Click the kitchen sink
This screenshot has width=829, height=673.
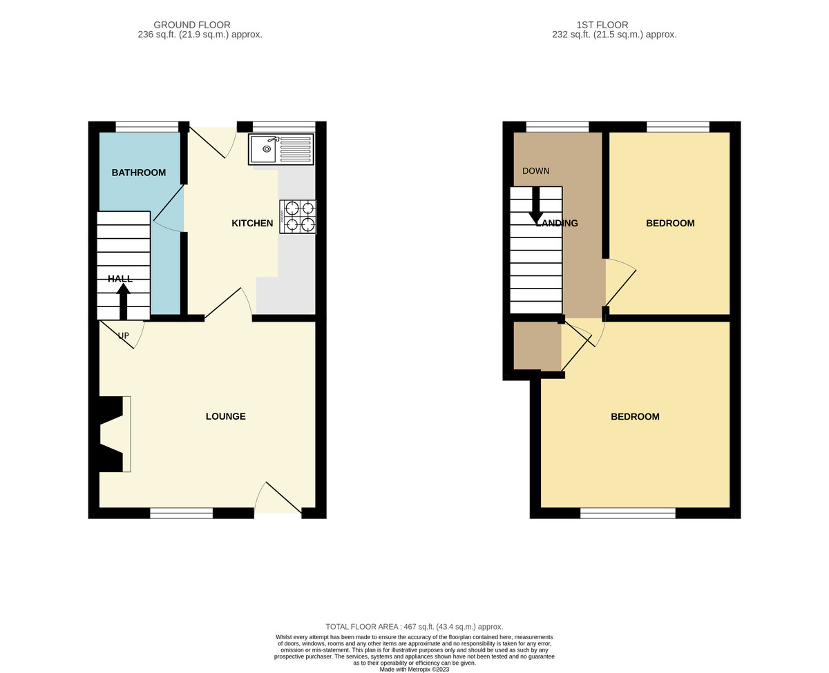click(280, 149)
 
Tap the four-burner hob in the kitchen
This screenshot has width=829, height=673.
click(298, 217)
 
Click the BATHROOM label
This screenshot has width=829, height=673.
click(139, 173)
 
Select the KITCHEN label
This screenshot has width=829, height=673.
click(252, 223)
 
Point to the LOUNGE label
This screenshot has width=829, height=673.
click(226, 416)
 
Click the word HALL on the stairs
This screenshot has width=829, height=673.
click(120, 279)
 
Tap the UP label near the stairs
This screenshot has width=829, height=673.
click(124, 335)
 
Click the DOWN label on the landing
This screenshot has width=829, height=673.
click(536, 171)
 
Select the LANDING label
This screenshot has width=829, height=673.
click(557, 223)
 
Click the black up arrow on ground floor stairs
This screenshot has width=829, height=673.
click(124, 302)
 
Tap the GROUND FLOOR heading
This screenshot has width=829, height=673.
click(192, 25)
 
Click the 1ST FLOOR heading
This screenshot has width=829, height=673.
click(602, 25)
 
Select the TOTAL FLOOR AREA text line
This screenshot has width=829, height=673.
click(414, 627)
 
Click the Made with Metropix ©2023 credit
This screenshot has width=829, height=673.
click(414, 670)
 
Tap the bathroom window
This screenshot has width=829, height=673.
click(147, 127)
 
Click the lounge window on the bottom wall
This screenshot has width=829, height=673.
click(182, 514)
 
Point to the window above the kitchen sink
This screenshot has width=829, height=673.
click(284, 127)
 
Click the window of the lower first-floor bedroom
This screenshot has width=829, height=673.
click(628, 514)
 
